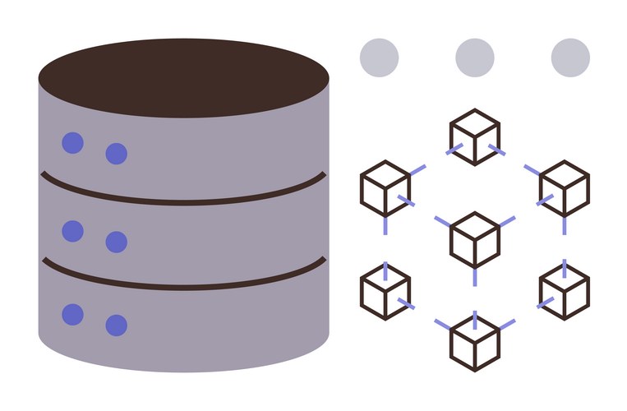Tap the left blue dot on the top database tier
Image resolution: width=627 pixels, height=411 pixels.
point(73,143)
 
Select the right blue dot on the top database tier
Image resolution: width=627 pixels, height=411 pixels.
point(117,154)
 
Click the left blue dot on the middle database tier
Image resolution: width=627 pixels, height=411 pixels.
point(73,231)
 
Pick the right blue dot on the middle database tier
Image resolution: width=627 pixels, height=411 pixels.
point(117,242)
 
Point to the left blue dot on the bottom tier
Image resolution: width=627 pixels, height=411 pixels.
point(73,314)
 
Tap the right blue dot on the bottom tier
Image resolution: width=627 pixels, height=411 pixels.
point(117,326)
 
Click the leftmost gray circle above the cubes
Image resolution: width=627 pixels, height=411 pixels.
point(379,58)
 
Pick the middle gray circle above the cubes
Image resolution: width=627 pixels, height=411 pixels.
point(475,58)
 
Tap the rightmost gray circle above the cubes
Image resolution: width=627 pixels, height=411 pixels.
point(570,58)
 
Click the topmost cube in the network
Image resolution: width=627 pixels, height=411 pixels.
point(475,136)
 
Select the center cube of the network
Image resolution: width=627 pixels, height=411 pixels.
point(475,239)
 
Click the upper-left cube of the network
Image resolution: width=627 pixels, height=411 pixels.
point(385,188)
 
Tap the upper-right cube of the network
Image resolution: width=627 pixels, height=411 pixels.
point(565,188)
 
